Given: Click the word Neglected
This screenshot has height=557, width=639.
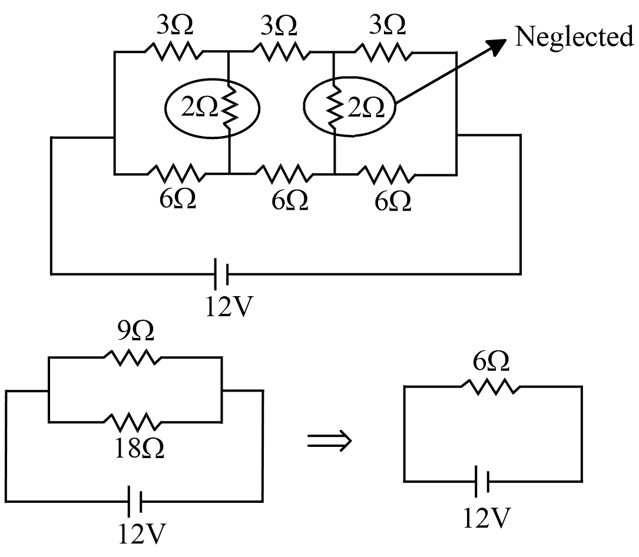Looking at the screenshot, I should tap(574, 37).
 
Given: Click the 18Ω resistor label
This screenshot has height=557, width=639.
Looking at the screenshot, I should tap(139, 449).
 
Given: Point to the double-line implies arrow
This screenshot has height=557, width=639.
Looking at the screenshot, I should tap(329, 440).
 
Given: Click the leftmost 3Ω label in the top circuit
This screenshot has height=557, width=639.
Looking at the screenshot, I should tap(175, 25).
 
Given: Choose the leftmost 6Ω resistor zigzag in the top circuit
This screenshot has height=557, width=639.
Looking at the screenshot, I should tap(177, 174).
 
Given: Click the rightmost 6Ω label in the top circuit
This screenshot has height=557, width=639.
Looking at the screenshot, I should tap(393, 201).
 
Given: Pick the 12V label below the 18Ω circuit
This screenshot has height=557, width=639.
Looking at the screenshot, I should tap(142, 533).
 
